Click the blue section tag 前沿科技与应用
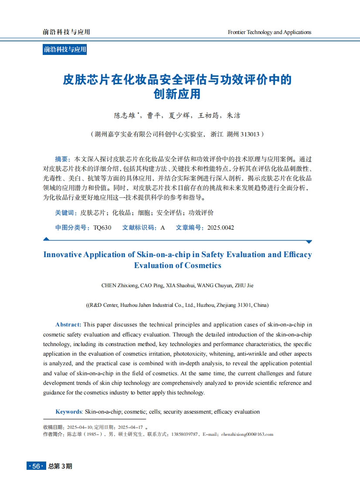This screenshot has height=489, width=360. click(65, 49)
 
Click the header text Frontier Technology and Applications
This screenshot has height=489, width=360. click(269, 32)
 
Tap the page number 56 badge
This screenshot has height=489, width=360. click(36, 466)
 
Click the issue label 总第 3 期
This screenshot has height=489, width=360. click(60, 466)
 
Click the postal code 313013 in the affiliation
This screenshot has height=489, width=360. click(250, 134)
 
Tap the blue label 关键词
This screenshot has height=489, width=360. click(65, 213)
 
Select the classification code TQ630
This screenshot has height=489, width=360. click(102, 228)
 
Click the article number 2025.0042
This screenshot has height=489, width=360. click(221, 228)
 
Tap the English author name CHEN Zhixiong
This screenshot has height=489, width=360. click(119, 286)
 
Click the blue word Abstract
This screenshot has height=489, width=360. click(68, 325)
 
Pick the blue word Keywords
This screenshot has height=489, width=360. click(68, 412)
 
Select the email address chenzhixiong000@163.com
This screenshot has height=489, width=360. click(247, 434)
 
